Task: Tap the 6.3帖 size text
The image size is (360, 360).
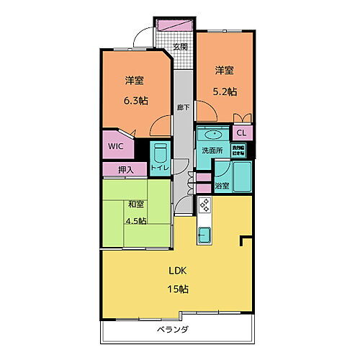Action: (x=135, y=101)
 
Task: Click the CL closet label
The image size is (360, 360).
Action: (x=242, y=133)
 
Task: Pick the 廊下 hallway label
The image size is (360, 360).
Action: (x=184, y=108)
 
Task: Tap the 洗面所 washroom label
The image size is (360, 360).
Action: (x=212, y=151)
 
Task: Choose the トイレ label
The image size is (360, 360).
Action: (x=160, y=168)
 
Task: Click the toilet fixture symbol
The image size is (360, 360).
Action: (x=161, y=153)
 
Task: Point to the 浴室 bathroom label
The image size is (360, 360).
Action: (x=222, y=186)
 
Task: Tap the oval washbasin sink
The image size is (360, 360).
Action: (x=213, y=135)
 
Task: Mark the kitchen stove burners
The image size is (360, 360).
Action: (x=204, y=206)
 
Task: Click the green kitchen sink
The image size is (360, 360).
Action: (x=204, y=234)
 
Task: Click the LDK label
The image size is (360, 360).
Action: (x=178, y=272)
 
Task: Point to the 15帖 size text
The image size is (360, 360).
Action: (x=178, y=289)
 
